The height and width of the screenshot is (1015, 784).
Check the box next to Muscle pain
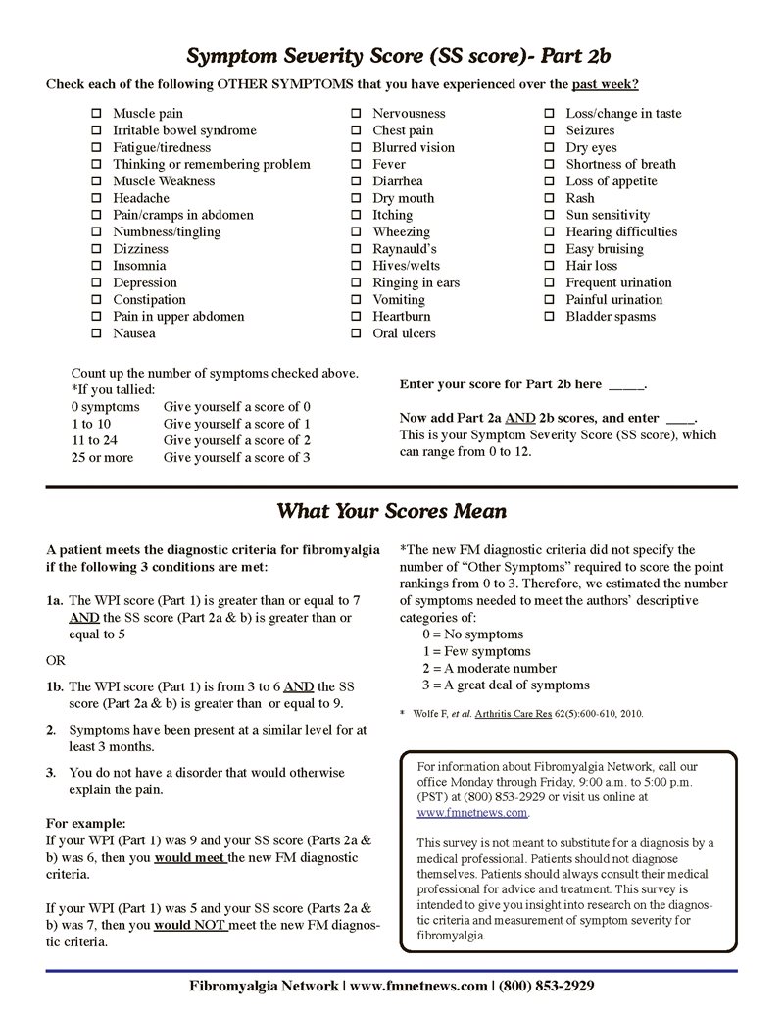[x=96, y=114]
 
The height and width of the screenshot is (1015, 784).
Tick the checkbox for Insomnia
[x=96, y=266]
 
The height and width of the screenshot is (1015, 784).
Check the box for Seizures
[x=549, y=130]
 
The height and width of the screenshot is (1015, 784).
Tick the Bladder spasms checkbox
[x=549, y=317]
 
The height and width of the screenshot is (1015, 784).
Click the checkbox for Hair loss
[x=549, y=266]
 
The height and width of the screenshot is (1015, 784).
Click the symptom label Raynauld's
[x=405, y=249]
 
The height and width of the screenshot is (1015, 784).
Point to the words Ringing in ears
[x=416, y=282]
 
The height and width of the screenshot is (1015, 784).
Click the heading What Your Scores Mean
[x=391, y=511]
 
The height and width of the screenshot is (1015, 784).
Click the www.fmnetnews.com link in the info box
[x=472, y=813]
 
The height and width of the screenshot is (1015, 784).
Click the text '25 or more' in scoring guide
[x=102, y=458]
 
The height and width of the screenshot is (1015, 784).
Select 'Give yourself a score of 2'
[x=236, y=441]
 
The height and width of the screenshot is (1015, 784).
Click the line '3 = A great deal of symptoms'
[x=506, y=685]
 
